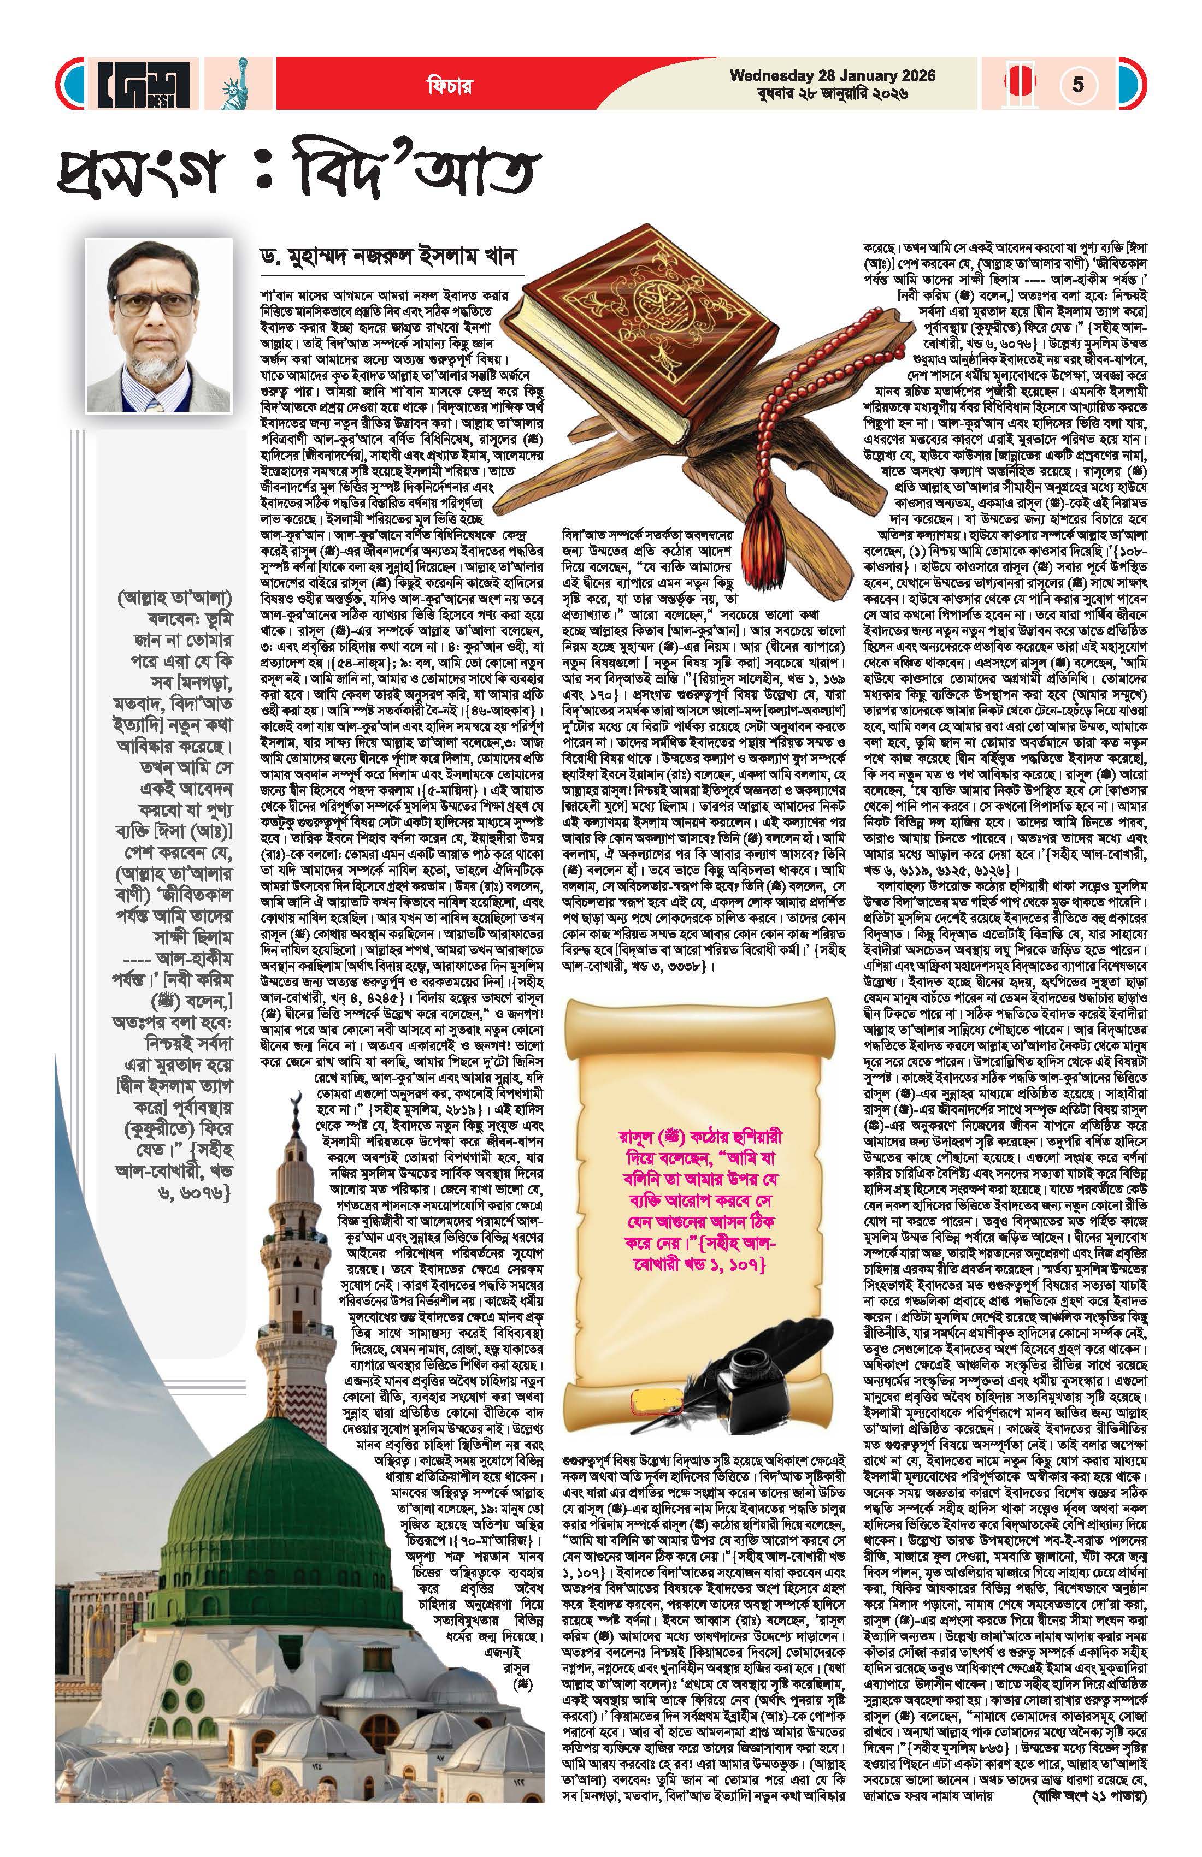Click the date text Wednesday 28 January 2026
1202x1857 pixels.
(x=832, y=76)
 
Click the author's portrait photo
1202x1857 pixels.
(x=159, y=324)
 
